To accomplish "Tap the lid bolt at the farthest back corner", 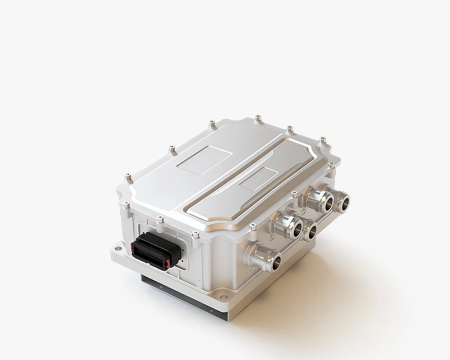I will click(x=258, y=118).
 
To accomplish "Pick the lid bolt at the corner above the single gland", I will click(x=253, y=227).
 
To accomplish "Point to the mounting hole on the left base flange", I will click(x=119, y=246).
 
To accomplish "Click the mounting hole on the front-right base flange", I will click(x=224, y=296).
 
